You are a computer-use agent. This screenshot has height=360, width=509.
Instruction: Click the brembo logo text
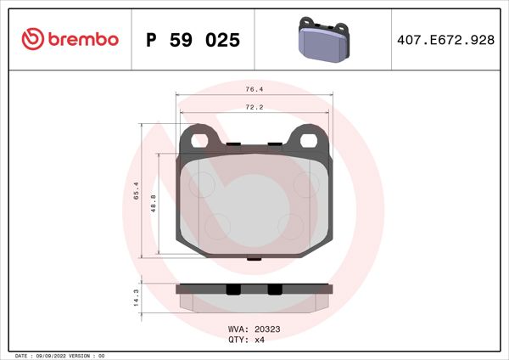(x=82, y=39)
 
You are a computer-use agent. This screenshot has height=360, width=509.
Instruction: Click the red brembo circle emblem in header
(x=33, y=39)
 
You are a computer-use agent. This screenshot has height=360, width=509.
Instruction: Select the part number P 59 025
(x=193, y=40)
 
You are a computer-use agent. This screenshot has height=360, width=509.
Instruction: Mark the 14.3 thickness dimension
(x=134, y=296)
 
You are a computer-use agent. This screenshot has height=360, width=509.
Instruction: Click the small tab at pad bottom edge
(x=252, y=258)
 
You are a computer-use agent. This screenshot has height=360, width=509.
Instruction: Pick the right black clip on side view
(x=274, y=290)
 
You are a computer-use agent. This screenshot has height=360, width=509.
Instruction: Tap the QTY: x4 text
(x=246, y=339)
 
